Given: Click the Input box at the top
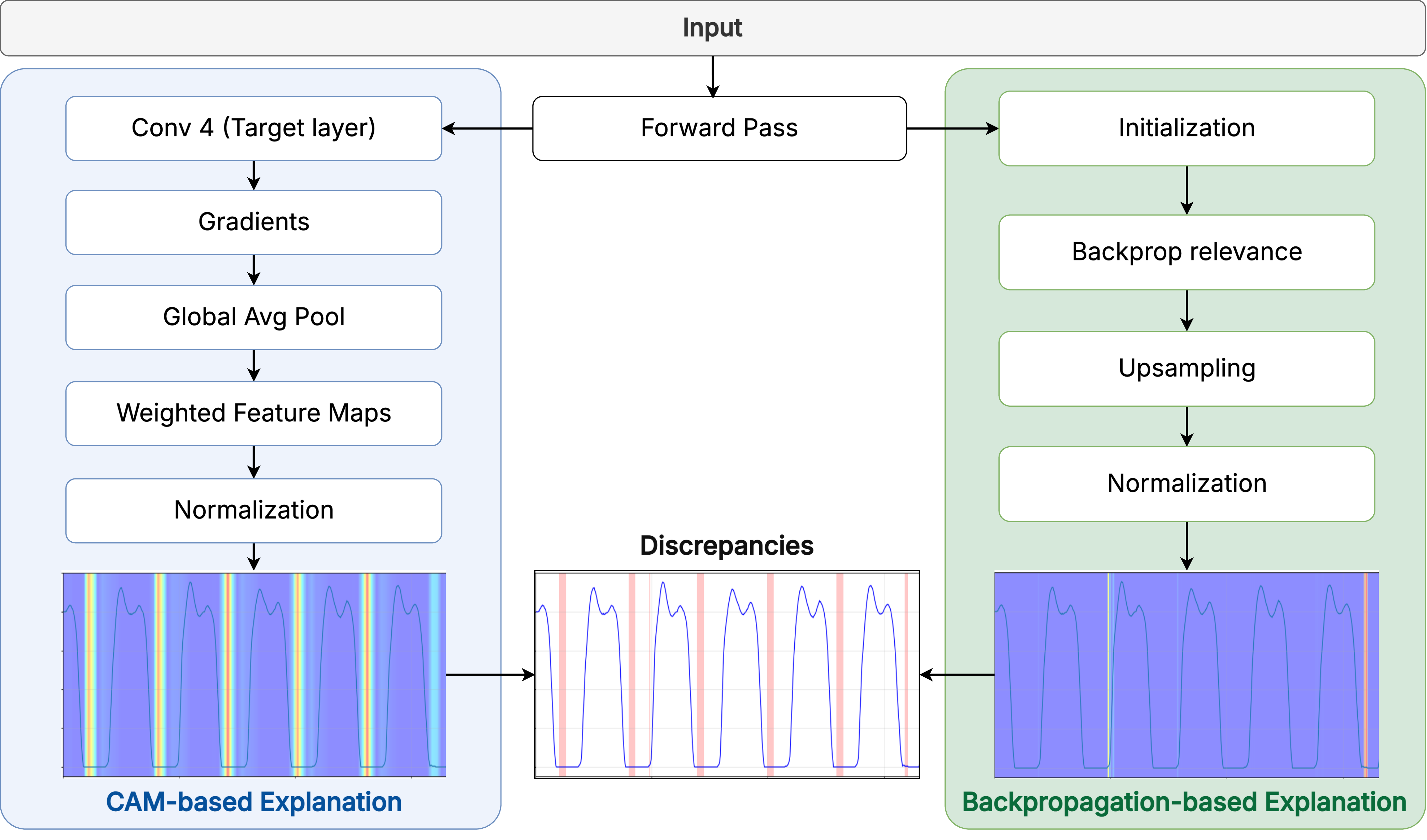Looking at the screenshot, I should point(712,28).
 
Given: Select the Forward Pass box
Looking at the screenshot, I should point(719,128).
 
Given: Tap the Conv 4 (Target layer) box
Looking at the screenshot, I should point(254,128).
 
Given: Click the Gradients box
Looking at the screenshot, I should point(254,222).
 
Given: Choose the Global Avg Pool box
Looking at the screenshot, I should point(254,317).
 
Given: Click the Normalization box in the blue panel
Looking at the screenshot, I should point(254,510).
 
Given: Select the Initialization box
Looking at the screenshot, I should point(1186,128).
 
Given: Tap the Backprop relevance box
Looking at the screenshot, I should point(1186,252).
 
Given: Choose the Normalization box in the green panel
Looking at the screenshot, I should point(1186,484).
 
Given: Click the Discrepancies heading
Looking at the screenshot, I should point(727,545).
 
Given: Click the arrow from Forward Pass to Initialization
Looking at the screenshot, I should point(952,128).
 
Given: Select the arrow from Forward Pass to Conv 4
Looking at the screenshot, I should point(487,128).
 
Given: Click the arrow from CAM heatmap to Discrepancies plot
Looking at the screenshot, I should point(490,675).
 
